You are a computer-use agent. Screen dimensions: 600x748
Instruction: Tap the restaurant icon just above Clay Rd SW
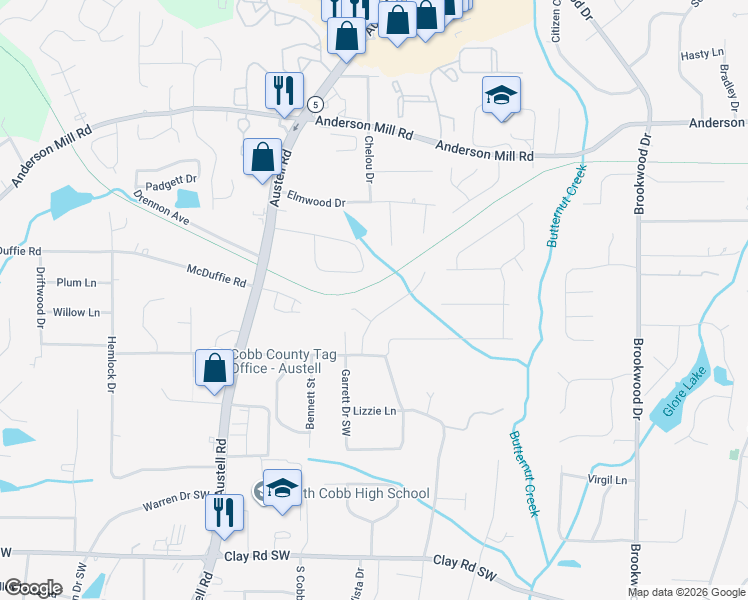(x=224, y=512)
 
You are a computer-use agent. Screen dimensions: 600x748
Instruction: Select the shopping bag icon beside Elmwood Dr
(x=262, y=156)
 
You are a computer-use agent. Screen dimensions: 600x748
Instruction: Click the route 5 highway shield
(x=315, y=104)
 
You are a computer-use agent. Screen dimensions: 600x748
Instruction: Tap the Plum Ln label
(x=76, y=283)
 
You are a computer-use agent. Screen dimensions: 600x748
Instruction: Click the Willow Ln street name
(x=76, y=312)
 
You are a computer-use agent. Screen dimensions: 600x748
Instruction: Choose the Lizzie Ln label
(x=376, y=411)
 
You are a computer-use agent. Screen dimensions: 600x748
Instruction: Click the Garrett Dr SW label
(x=345, y=401)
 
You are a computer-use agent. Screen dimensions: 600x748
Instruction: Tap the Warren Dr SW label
(x=176, y=495)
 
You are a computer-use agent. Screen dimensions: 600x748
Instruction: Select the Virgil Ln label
(x=607, y=480)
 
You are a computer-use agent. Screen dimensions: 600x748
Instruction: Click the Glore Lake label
(x=684, y=394)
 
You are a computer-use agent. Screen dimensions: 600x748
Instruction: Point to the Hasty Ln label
(x=701, y=53)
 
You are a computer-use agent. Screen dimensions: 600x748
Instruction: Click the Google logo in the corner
(x=32, y=588)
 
